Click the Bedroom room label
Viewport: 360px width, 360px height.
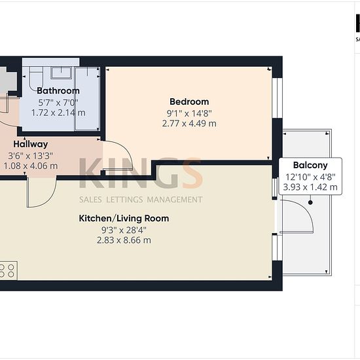tap(189, 101)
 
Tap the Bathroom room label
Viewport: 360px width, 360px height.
tap(58, 91)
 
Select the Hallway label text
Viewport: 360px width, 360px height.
tap(31, 144)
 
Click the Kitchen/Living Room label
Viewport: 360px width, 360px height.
tap(124, 219)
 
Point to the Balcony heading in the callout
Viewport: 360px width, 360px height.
tap(310, 166)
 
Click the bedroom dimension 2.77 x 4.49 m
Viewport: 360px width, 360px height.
tap(189, 124)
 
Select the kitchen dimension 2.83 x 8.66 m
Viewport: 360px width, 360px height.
tap(124, 240)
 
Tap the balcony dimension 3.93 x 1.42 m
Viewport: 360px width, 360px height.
tap(310, 187)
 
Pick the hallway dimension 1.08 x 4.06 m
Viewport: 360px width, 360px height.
tap(31, 166)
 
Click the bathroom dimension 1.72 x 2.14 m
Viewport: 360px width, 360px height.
tap(58, 113)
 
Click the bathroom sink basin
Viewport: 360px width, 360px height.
tap(61, 73)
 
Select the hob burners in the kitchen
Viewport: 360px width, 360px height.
tap(8, 271)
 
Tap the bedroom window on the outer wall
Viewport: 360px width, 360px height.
tap(277, 98)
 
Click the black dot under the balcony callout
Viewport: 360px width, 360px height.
tap(310, 202)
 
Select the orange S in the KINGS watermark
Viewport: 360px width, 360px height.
tap(192, 173)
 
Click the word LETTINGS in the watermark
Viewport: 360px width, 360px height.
tap(125, 200)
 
